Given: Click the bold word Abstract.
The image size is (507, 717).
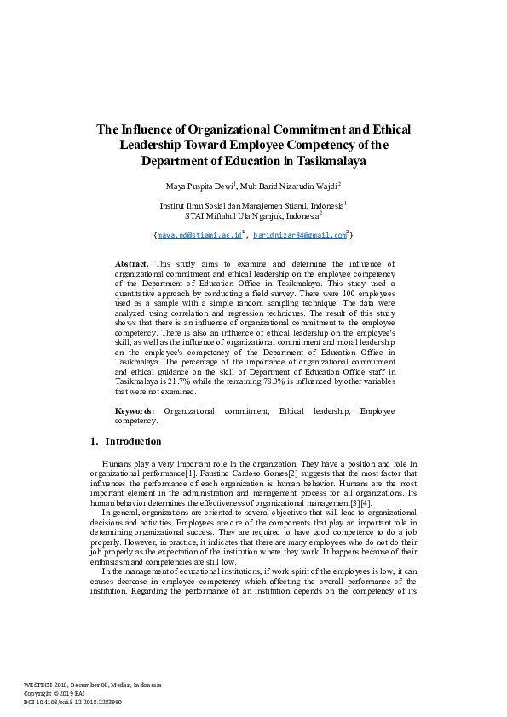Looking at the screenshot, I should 132,264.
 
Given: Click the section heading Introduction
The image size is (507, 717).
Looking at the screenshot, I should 133,441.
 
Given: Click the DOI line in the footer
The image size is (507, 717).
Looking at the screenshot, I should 72,702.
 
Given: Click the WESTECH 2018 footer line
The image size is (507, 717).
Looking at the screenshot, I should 92,685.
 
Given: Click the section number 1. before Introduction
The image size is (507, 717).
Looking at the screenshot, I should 94,441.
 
